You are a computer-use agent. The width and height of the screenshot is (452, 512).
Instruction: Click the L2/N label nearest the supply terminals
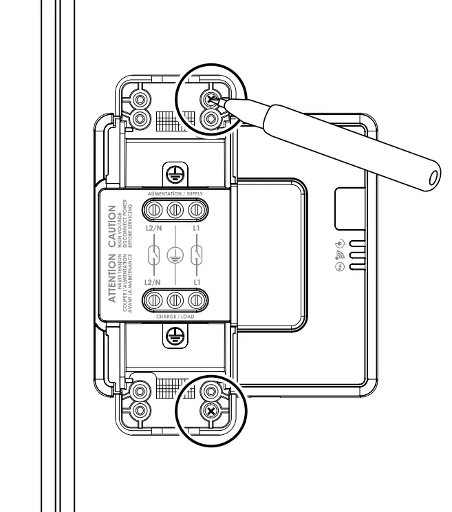153,225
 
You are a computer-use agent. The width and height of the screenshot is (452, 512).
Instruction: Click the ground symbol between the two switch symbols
175,254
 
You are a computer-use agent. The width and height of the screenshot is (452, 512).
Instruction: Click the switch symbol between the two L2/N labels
153,254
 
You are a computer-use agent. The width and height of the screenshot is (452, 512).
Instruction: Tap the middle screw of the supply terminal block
175,209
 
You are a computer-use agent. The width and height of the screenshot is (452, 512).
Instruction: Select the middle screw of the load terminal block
175,301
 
